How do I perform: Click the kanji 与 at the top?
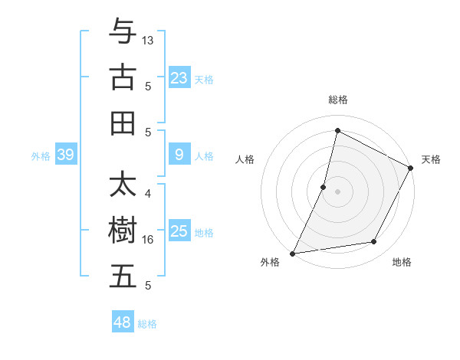[123, 31]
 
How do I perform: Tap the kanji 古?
[123, 77]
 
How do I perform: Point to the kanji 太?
[123, 185]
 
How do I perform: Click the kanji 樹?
[123, 231]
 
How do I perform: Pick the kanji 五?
[123, 277]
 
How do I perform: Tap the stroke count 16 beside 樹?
[148, 240]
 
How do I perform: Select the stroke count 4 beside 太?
[148, 195]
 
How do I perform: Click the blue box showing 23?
[179, 77]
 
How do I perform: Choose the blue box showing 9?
[179, 155]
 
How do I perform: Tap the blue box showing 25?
[179, 231]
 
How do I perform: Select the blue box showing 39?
[65, 155]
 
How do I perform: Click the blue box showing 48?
[123, 322]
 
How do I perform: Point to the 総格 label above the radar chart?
[338, 100]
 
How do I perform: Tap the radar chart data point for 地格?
[374, 242]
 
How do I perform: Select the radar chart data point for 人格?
[324, 187]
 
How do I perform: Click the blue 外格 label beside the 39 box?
[41, 156]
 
